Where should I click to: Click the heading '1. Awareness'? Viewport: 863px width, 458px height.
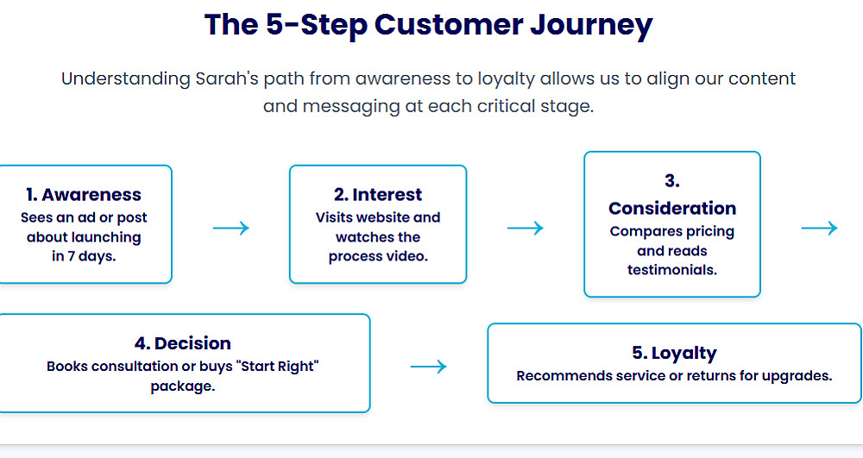84,195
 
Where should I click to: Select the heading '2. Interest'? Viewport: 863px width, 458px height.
378,195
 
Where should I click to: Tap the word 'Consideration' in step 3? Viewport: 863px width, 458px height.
672,209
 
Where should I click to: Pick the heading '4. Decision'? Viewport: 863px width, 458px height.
183,343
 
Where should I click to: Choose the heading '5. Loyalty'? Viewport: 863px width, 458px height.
674,353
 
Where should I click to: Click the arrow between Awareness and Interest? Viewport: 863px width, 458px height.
231,228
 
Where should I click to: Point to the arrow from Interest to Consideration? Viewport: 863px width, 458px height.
525,228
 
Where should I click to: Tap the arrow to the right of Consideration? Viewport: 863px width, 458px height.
820,228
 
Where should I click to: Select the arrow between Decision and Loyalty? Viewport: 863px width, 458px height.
428,367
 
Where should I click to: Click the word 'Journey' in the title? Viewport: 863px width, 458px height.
591,26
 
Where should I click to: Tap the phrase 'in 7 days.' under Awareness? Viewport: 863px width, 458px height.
84,256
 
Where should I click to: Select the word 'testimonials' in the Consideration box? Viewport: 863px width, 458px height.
672,270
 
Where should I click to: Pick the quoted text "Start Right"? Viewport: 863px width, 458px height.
280,367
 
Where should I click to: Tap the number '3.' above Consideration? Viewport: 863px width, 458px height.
672,181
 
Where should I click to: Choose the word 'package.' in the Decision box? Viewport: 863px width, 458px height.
183,386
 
